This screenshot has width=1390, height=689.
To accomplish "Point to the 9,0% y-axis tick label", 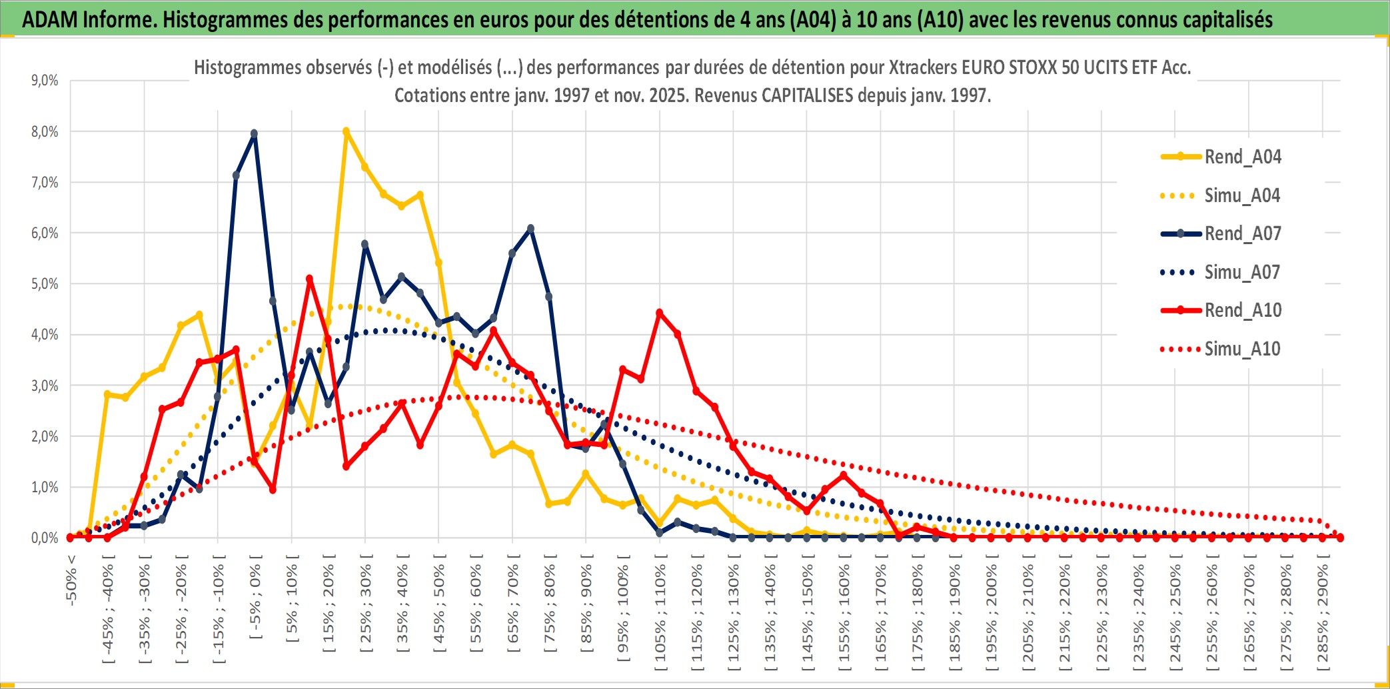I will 45,81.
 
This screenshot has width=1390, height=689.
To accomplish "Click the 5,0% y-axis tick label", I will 45,284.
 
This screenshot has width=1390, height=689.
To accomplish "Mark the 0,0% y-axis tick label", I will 45,538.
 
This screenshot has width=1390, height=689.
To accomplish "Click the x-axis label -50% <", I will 71,580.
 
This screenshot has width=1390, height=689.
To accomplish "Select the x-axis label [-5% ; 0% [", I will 256,597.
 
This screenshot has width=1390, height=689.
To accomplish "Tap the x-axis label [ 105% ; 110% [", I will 660,614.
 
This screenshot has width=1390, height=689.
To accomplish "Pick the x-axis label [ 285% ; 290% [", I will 1323,614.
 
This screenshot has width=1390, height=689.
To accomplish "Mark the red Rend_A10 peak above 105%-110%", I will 660,312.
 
